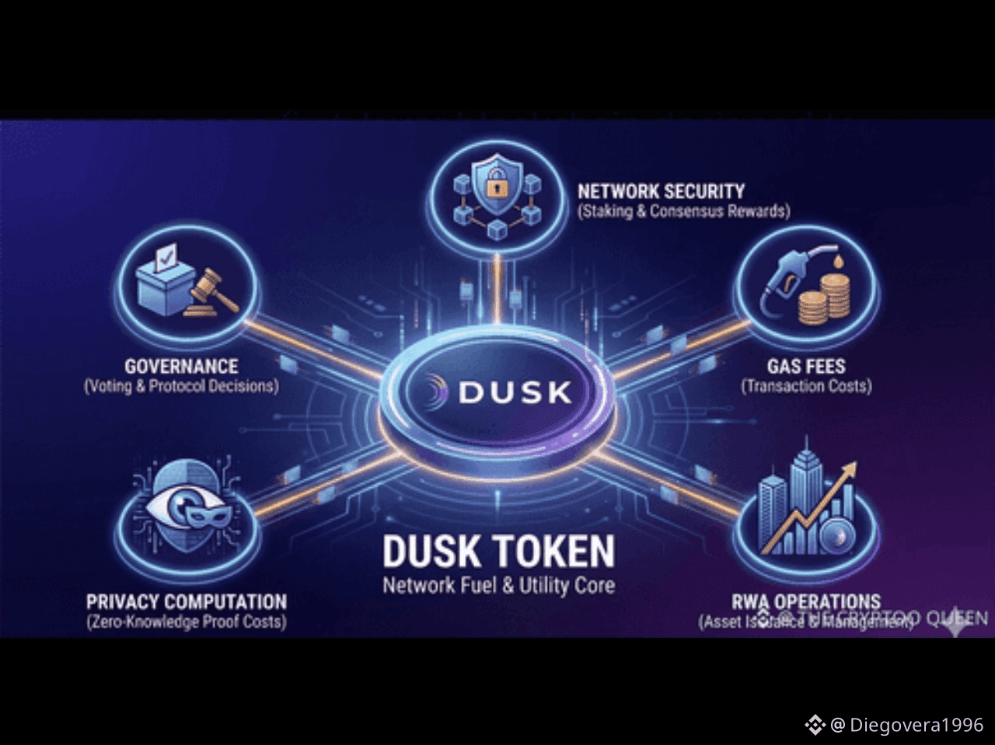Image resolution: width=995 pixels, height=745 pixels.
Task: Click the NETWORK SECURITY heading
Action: (661, 191)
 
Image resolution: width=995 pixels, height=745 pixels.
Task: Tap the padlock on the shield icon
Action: (496, 186)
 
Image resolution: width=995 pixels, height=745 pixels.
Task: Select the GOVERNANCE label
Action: (181, 366)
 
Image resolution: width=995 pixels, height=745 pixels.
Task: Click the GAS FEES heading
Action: (806, 366)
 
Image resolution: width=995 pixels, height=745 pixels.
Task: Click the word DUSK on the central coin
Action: (515, 392)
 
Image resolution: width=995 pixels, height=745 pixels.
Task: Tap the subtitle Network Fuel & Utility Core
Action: (498, 585)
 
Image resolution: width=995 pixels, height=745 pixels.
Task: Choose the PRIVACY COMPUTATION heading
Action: (187, 602)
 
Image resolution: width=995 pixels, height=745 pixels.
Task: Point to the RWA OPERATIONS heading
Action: (806, 602)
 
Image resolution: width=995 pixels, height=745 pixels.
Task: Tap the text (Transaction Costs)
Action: (806, 386)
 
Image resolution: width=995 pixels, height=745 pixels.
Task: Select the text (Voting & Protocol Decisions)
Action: (181, 386)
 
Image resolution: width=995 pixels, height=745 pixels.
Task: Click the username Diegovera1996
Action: (916, 725)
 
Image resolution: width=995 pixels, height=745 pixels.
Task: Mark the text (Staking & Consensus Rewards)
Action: (683, 211)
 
